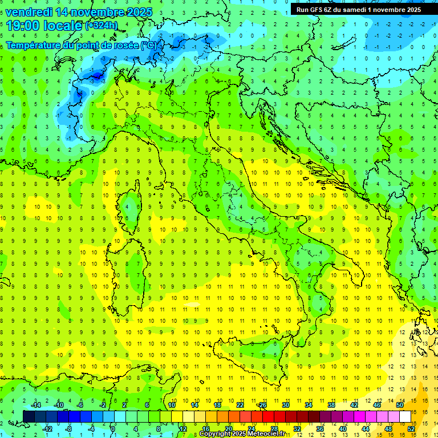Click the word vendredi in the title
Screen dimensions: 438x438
click(29, 12)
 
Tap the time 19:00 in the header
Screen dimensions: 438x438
click(23, 26)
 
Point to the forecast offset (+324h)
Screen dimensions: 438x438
click(102, 26)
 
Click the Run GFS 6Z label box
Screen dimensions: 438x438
click(359, 9)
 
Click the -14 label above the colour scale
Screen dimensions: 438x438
click(35, 405)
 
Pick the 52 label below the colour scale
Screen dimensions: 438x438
click(412, 428)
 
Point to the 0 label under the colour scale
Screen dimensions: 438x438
click(113, 428)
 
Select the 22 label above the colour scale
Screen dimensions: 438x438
click(240, 405)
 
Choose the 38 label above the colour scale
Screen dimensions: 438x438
click(331, 405)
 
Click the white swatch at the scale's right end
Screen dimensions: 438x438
click(405, 416)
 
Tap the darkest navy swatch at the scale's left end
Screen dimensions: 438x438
click(29, 416)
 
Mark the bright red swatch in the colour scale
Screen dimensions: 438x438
click(269, 416)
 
